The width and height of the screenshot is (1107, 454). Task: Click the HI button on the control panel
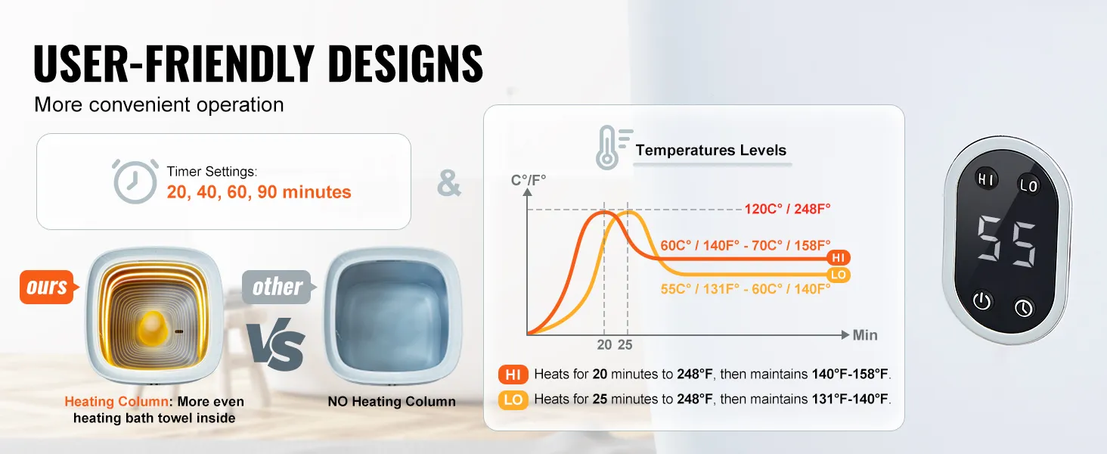986,179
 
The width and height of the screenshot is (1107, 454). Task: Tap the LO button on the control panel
1028,185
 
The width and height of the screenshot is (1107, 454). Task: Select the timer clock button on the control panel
1024,308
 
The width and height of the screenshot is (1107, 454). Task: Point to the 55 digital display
1006,241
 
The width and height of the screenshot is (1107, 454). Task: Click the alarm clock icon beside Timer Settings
135,181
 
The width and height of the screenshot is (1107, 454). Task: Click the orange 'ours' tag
48,287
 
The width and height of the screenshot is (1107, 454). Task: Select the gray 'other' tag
278,287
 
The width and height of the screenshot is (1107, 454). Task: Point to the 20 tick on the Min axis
604,345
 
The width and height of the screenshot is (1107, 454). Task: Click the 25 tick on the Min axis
625,345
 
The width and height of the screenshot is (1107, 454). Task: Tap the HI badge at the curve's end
838,258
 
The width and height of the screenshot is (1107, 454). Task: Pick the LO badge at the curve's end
838,275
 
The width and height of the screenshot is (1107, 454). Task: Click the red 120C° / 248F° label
787,209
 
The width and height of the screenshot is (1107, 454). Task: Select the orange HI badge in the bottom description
513,375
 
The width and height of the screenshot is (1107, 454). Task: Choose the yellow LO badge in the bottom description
513,400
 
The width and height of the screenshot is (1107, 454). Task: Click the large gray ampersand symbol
448,183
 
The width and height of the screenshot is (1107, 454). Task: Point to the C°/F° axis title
529,180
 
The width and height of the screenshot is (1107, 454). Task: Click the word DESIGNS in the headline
405,64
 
